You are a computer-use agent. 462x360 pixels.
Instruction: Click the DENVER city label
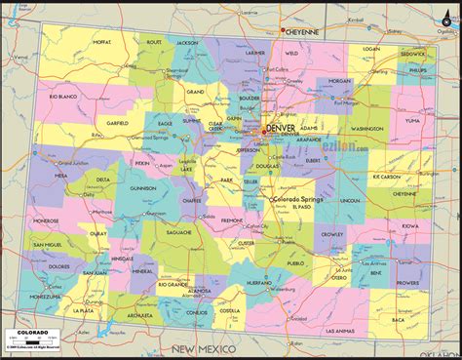pyautogui.click(x=281, y=127)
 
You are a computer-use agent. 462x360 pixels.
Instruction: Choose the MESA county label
pyautogui.click(x=60, y=176)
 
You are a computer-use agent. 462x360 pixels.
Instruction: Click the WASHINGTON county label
pyautogui.click(x=367, y=128)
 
